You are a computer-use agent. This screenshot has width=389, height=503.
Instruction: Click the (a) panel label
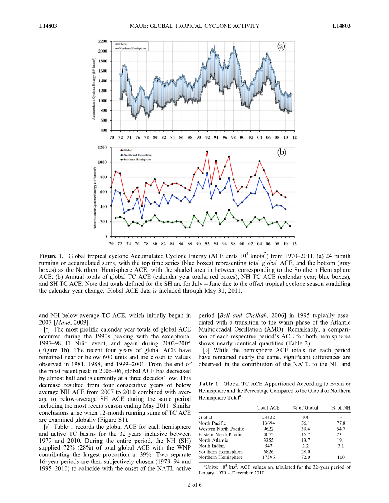point(281,47)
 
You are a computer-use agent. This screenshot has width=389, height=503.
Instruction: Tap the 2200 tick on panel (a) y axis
point(103,41)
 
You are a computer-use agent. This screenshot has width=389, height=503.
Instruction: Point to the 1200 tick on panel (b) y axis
point(103,147)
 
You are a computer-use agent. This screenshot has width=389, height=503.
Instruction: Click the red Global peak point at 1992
point(207,151)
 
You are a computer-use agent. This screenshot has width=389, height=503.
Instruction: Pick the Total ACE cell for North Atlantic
point(268,440)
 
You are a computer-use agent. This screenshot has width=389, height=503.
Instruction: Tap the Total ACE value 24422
point(268,417)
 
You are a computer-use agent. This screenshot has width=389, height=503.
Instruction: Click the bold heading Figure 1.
point(51,256)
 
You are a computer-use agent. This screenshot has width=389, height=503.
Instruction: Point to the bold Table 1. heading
point(209,383)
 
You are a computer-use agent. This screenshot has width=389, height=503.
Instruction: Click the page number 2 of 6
point(194,485)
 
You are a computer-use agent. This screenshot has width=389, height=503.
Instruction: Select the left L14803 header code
point(48,26)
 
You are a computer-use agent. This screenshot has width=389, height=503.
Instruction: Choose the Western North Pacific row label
point(221,429)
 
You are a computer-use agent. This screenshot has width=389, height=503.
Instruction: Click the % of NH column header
point(340,407)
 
